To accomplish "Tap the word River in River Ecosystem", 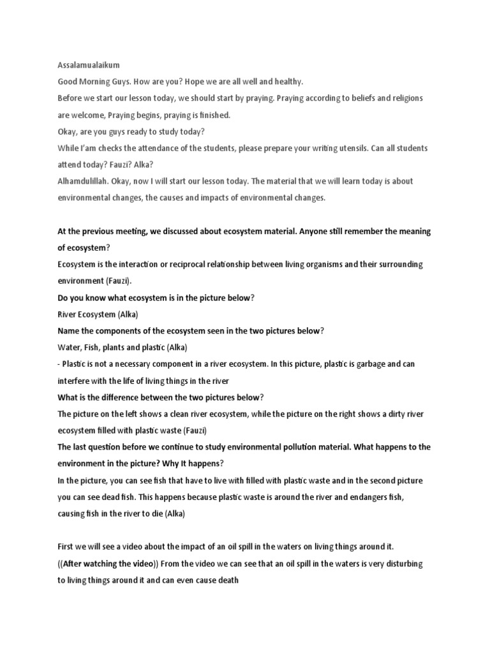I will coord(68,314).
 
